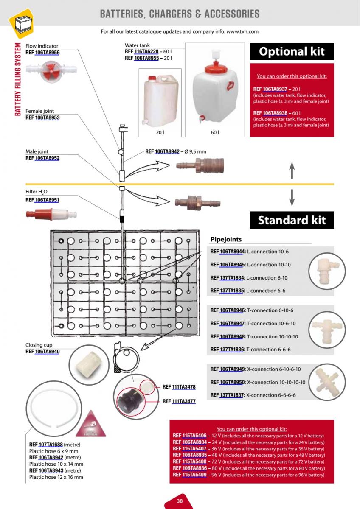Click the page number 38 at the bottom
180,501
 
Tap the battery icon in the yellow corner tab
21,23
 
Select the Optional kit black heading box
292,52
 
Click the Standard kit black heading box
292,220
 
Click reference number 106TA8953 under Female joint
47,117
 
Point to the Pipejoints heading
226,240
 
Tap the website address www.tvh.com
242,31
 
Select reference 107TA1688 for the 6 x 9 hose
51,445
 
